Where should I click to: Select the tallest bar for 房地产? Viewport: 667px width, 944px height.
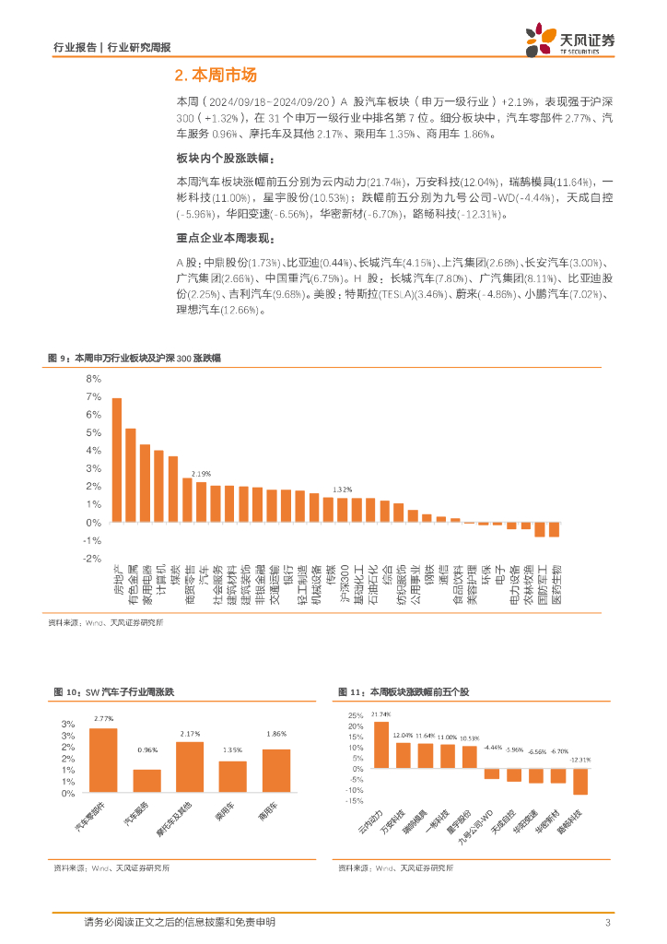pyautogui.click(x=116, y=460)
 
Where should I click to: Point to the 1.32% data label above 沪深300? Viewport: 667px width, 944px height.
pyautogui.click(x=343, y=490)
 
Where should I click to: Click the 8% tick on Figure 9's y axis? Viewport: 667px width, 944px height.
pyautogui.click(x=93, y=378)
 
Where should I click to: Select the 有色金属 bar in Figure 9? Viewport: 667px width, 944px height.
pyautogui.click(x=131, y=476)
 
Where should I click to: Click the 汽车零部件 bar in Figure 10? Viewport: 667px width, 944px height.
pyautogui.click(x=103, y=761)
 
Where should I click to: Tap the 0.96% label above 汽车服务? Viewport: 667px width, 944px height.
pyautogui.click(x=146, y=749)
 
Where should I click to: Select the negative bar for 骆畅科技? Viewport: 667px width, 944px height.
pyautogui.click(x=579, y=781)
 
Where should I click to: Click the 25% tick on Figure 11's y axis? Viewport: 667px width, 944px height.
pyautogui.click(x=353, y=715)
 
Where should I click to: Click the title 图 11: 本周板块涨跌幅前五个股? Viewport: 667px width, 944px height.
pyautogui.click(x=404, y=690)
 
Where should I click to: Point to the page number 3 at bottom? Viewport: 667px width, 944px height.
pyautogui.click(x=608, y=923)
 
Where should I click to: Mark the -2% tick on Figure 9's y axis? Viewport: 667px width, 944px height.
pyautogui.click(x=92, y=559)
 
